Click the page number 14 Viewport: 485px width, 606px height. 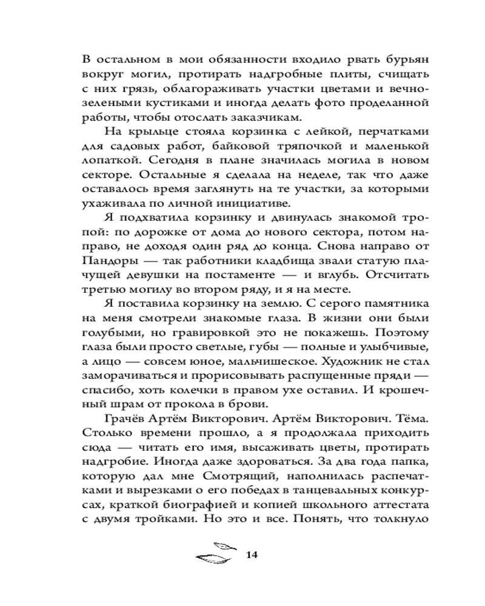[x=253, y=554]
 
